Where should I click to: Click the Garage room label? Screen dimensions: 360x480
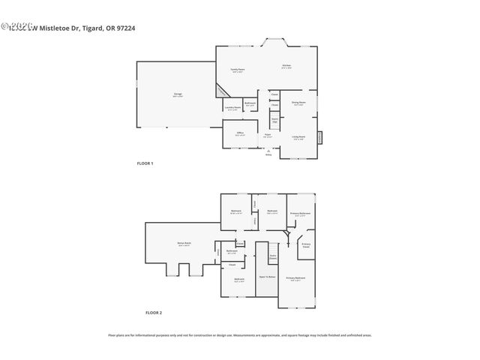178,94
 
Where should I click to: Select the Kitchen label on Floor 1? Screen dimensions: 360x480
286,66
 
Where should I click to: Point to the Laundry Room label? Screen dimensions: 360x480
232,108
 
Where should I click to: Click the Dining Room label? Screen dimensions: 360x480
298,103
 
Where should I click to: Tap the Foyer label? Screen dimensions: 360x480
267,136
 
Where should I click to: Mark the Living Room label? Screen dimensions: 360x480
298,138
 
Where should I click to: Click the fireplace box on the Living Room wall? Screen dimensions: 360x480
320,138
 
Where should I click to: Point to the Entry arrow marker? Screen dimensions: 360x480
268,151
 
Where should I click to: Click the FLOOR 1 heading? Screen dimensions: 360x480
144,163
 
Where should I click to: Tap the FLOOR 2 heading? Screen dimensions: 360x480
154,312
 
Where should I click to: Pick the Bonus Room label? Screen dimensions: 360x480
184,244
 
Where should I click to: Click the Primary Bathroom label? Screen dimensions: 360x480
300,214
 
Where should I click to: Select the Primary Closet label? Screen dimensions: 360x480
306,244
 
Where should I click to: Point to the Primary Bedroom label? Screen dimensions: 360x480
295,278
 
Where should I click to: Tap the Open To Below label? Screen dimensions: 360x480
266,276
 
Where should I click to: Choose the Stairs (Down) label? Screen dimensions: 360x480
273,256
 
